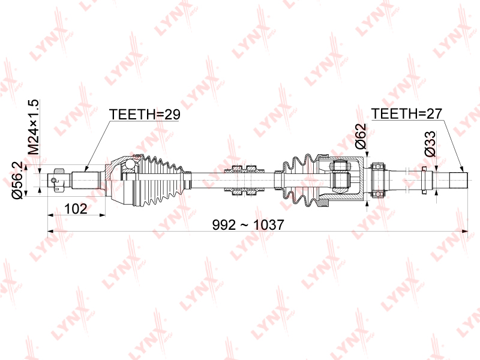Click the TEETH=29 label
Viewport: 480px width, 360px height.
click(145, 114)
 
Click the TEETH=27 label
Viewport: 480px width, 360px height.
click(407, 113)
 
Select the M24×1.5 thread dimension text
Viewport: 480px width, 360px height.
click(34, 127)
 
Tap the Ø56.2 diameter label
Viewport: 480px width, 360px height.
click(17, 181)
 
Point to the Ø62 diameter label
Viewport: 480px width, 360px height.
click(361, 136)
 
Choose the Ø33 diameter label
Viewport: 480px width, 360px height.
click(430, 144)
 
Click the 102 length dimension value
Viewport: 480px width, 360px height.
click(76, 209)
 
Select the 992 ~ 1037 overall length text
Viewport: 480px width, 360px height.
click(248, 225)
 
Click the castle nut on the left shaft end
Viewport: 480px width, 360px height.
click(58, 180)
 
